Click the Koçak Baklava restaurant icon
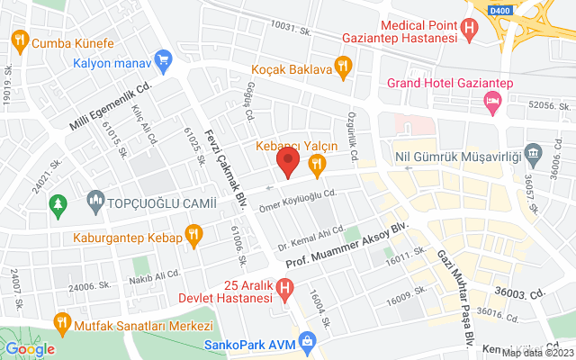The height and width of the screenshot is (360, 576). click(343, 65)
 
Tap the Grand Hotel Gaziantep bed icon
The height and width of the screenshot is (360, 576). click(492, 103)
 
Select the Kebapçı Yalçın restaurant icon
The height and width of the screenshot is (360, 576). click(316, 164)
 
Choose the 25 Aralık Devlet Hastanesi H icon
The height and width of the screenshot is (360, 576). click(284, 289)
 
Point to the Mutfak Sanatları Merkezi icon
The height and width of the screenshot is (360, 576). click(61, 320)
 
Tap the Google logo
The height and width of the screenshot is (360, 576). click(30, 348)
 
